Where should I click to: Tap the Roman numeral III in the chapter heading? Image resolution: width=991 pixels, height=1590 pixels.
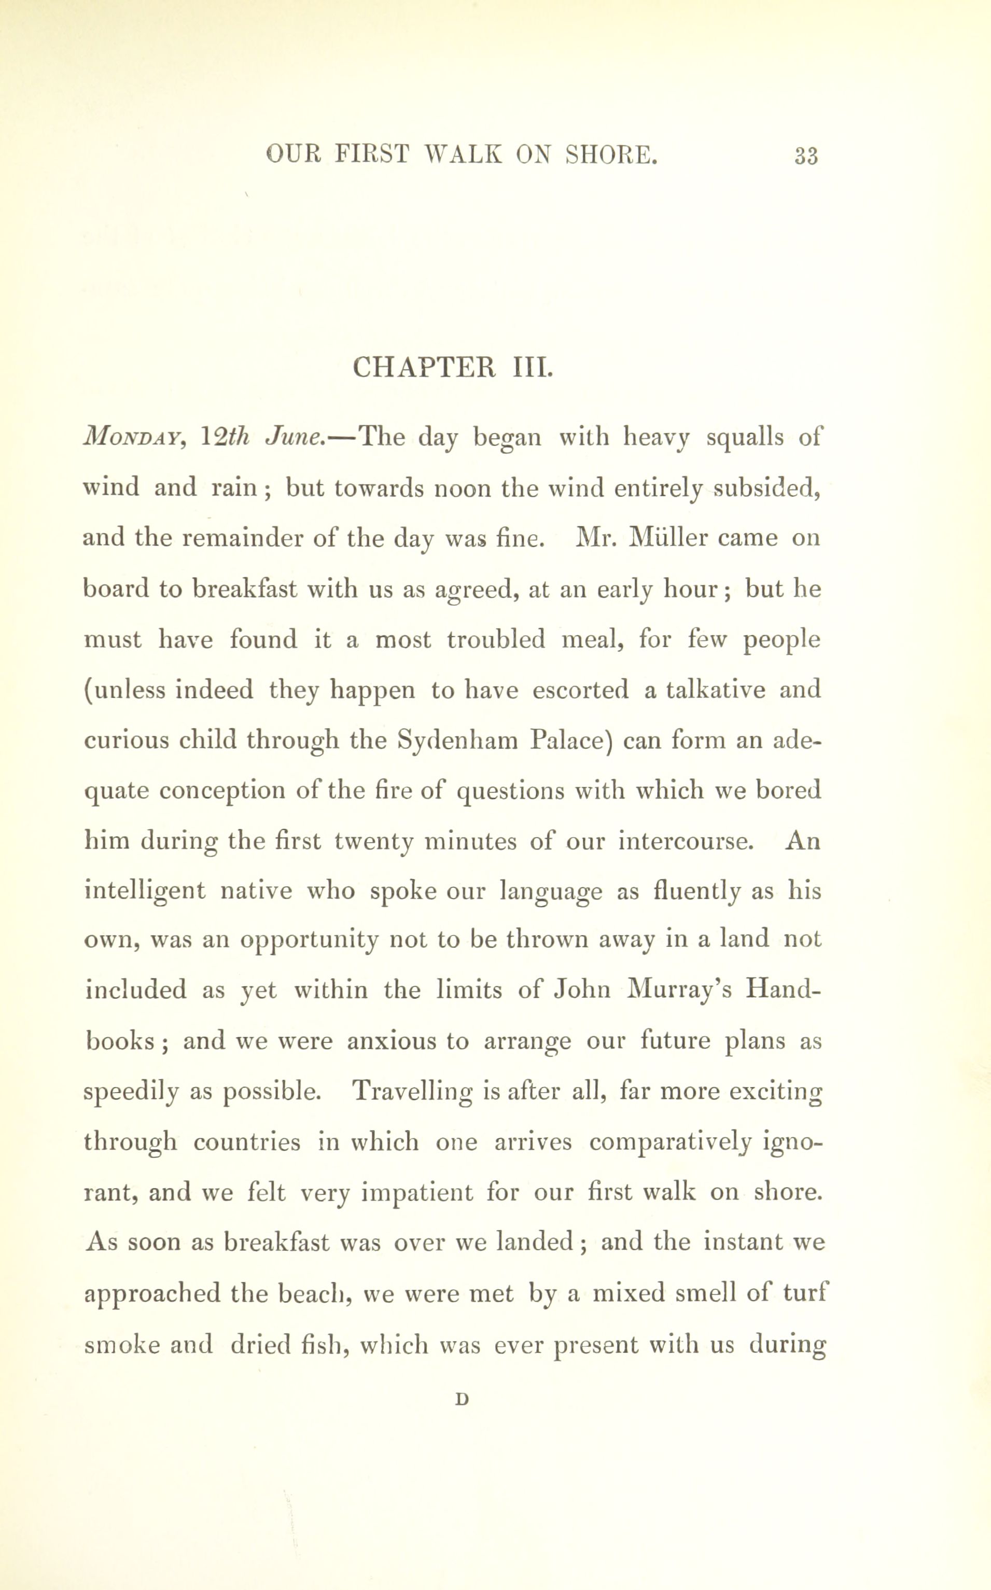(x=532, y=367)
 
